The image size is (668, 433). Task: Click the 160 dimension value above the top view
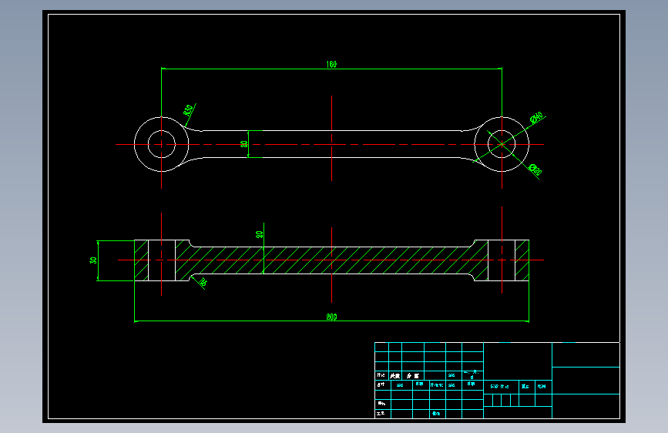pos(331,65)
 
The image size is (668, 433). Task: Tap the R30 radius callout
pos(188,110)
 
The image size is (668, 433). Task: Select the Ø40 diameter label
pos(536,117)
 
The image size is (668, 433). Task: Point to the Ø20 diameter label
pos(535,170)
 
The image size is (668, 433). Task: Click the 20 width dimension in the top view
pos(244,143)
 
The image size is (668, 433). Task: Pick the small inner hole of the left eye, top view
pos(161,143)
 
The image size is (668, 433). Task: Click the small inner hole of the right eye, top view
pos(502,143)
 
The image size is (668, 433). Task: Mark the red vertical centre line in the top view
pos(331,137)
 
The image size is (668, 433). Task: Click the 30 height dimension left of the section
pos(94,260)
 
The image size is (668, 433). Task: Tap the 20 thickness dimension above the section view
pos(260,234)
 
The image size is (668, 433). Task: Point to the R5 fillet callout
pos(203,283)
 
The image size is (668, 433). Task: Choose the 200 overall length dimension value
pos(331,317)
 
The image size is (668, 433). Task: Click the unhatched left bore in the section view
pos(161,260)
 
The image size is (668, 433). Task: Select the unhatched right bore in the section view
pos(502,260)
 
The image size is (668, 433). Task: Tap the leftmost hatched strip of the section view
pos(141,260)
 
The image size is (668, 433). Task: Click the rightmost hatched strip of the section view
pos(522,260)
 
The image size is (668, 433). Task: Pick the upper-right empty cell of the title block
pos(586,354)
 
